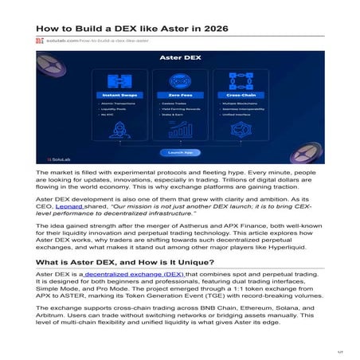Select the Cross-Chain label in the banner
(239, 96)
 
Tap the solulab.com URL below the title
(81, 39)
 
